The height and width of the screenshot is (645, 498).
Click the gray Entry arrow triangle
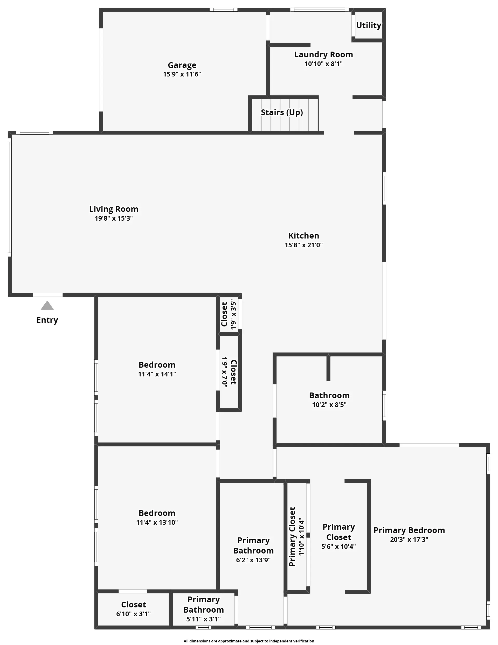47,306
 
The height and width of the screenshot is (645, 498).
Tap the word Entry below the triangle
47,320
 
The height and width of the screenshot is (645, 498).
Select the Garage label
182,65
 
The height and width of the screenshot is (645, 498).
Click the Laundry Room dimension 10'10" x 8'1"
324,64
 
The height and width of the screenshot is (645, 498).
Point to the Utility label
369,25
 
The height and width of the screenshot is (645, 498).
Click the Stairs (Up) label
282,113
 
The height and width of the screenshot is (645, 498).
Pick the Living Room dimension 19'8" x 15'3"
114,219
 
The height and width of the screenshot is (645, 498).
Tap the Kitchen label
304,236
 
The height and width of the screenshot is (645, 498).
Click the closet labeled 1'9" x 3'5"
229,314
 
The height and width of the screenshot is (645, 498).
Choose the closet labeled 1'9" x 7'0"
229,372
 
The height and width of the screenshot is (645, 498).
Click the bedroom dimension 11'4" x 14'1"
157,374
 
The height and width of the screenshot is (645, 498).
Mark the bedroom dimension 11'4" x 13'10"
157,522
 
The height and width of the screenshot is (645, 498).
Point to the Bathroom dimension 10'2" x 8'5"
329,405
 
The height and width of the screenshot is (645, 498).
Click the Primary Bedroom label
409,530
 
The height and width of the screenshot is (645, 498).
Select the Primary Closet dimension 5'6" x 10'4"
339,547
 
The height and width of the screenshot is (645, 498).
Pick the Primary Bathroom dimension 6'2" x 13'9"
253,560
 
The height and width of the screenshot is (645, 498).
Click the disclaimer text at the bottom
249,641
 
